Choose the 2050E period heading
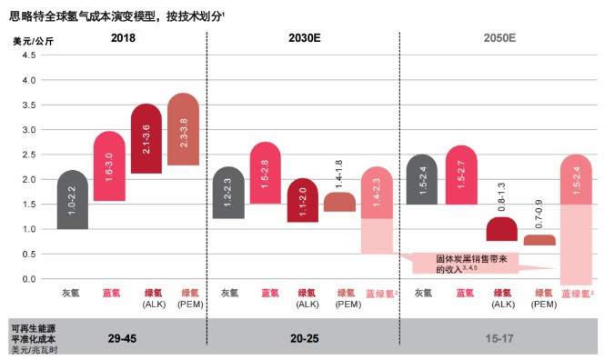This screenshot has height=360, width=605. pyautogui.click(x=499, y=38)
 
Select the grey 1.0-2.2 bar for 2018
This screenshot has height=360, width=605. pyautogui.click(x=73, y=200)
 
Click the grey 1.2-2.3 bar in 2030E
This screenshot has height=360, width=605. pyautogui.click(x=227, y=193)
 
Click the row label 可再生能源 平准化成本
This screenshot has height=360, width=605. pyautogui.click(x=35, y=333)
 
